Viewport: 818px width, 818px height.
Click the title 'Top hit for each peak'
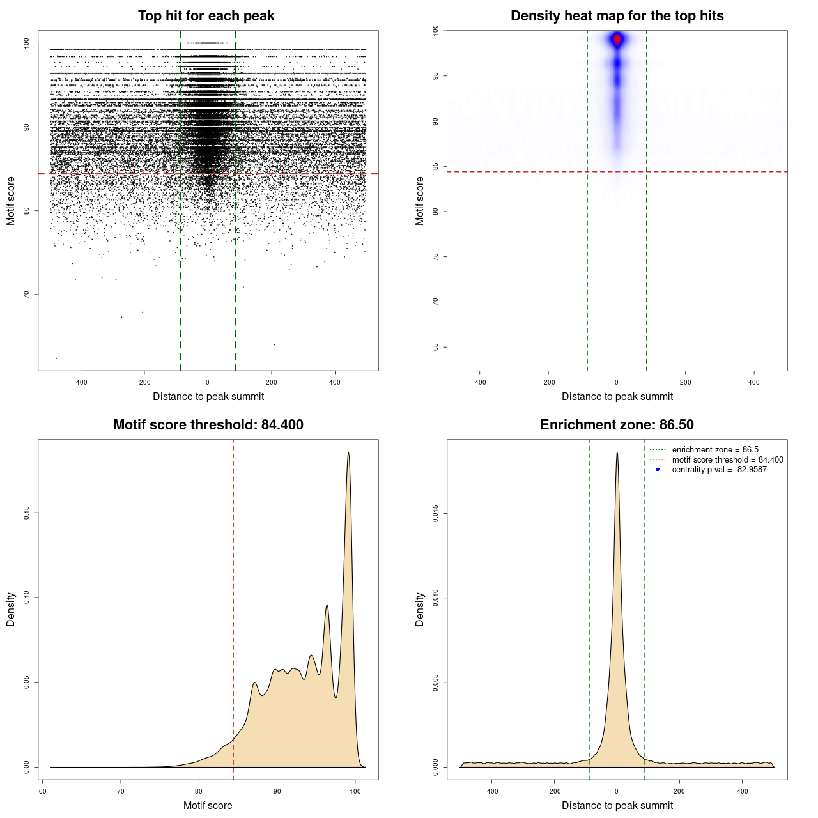206,16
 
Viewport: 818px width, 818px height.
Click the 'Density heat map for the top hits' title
617,16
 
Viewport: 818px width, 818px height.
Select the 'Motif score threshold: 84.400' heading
208,425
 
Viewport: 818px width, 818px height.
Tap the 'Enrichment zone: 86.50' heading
617,425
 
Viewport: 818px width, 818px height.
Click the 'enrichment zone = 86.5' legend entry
714,450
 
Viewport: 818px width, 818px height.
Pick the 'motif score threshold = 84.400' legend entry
727,460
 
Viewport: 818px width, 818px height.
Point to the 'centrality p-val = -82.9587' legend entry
719,470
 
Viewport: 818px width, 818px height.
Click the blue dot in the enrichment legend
658,470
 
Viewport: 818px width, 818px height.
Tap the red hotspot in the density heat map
617,40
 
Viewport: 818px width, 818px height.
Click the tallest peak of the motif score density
348,452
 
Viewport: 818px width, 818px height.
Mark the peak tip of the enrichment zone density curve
617,452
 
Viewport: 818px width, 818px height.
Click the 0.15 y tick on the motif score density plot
26,513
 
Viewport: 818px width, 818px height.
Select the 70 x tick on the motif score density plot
121,791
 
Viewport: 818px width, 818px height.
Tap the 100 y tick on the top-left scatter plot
26,43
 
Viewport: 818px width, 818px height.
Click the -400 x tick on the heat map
479,382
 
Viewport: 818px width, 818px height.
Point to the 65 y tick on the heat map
435,347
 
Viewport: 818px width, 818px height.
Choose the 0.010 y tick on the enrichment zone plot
435,598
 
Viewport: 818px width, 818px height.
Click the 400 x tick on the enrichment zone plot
742,791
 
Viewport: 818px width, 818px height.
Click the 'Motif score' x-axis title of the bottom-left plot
208,805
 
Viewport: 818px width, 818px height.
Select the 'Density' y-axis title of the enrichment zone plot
420,609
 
